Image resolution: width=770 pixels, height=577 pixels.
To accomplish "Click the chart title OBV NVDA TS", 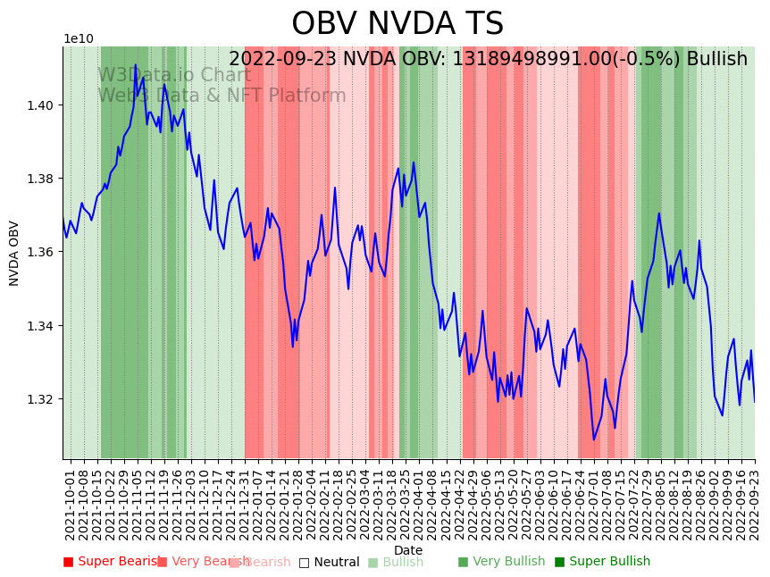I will pos(398,24).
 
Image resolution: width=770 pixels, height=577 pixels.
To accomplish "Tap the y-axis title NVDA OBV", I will pos(14,253).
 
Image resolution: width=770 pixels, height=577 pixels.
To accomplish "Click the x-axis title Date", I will pos(408,550).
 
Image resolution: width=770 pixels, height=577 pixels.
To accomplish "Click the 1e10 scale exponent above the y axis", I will pos(78,39).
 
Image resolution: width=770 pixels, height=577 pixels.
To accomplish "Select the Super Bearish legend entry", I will pos(111,562).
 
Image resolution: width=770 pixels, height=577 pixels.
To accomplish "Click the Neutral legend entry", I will pos(330,562).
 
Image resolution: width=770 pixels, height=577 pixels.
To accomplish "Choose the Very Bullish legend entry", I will pos(501,562).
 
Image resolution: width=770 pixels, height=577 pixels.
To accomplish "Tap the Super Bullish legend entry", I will pos(603,562).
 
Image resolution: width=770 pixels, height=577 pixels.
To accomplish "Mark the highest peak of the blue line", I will pos(135,65).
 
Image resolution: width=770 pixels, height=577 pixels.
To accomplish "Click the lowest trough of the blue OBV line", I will pos(593,439).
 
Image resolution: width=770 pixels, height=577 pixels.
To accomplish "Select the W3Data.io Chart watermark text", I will pos(174,76).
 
